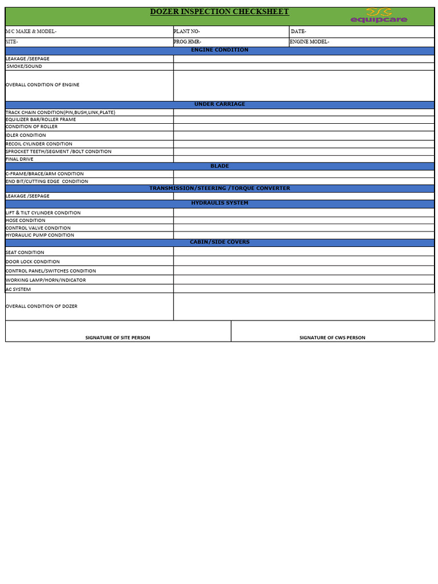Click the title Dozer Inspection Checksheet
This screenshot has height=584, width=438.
[x=219, y=12]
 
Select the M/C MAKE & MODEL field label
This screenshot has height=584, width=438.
[x=31, y=31]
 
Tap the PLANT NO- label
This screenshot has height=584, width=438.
[x=186, y=31]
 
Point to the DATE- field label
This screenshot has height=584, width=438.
[x=298, y=31]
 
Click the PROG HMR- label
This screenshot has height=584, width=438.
[x=187, y=42]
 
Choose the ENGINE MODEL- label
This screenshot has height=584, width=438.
[x=310, y=42]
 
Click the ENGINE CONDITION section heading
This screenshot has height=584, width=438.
[x=220, y=50]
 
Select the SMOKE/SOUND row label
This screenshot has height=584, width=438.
[x=24, y=66]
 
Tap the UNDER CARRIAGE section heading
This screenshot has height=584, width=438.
[x=220, y=104]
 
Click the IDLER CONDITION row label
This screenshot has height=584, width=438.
[x=25, y=135]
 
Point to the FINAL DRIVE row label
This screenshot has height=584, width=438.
[x=20, y=159]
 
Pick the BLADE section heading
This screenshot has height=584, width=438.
[x=220, y=166]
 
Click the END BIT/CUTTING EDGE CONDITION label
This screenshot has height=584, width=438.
[x=47, y=181]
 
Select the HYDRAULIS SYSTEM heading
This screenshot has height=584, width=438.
[x=220, y=203]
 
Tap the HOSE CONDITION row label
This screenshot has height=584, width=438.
[x=25, y=220]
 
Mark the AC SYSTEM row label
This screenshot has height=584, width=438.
[x=18, y=289]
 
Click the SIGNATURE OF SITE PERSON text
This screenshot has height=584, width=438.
[x=117, y=338]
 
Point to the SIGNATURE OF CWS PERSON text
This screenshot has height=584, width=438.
[x=332, y=338]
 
